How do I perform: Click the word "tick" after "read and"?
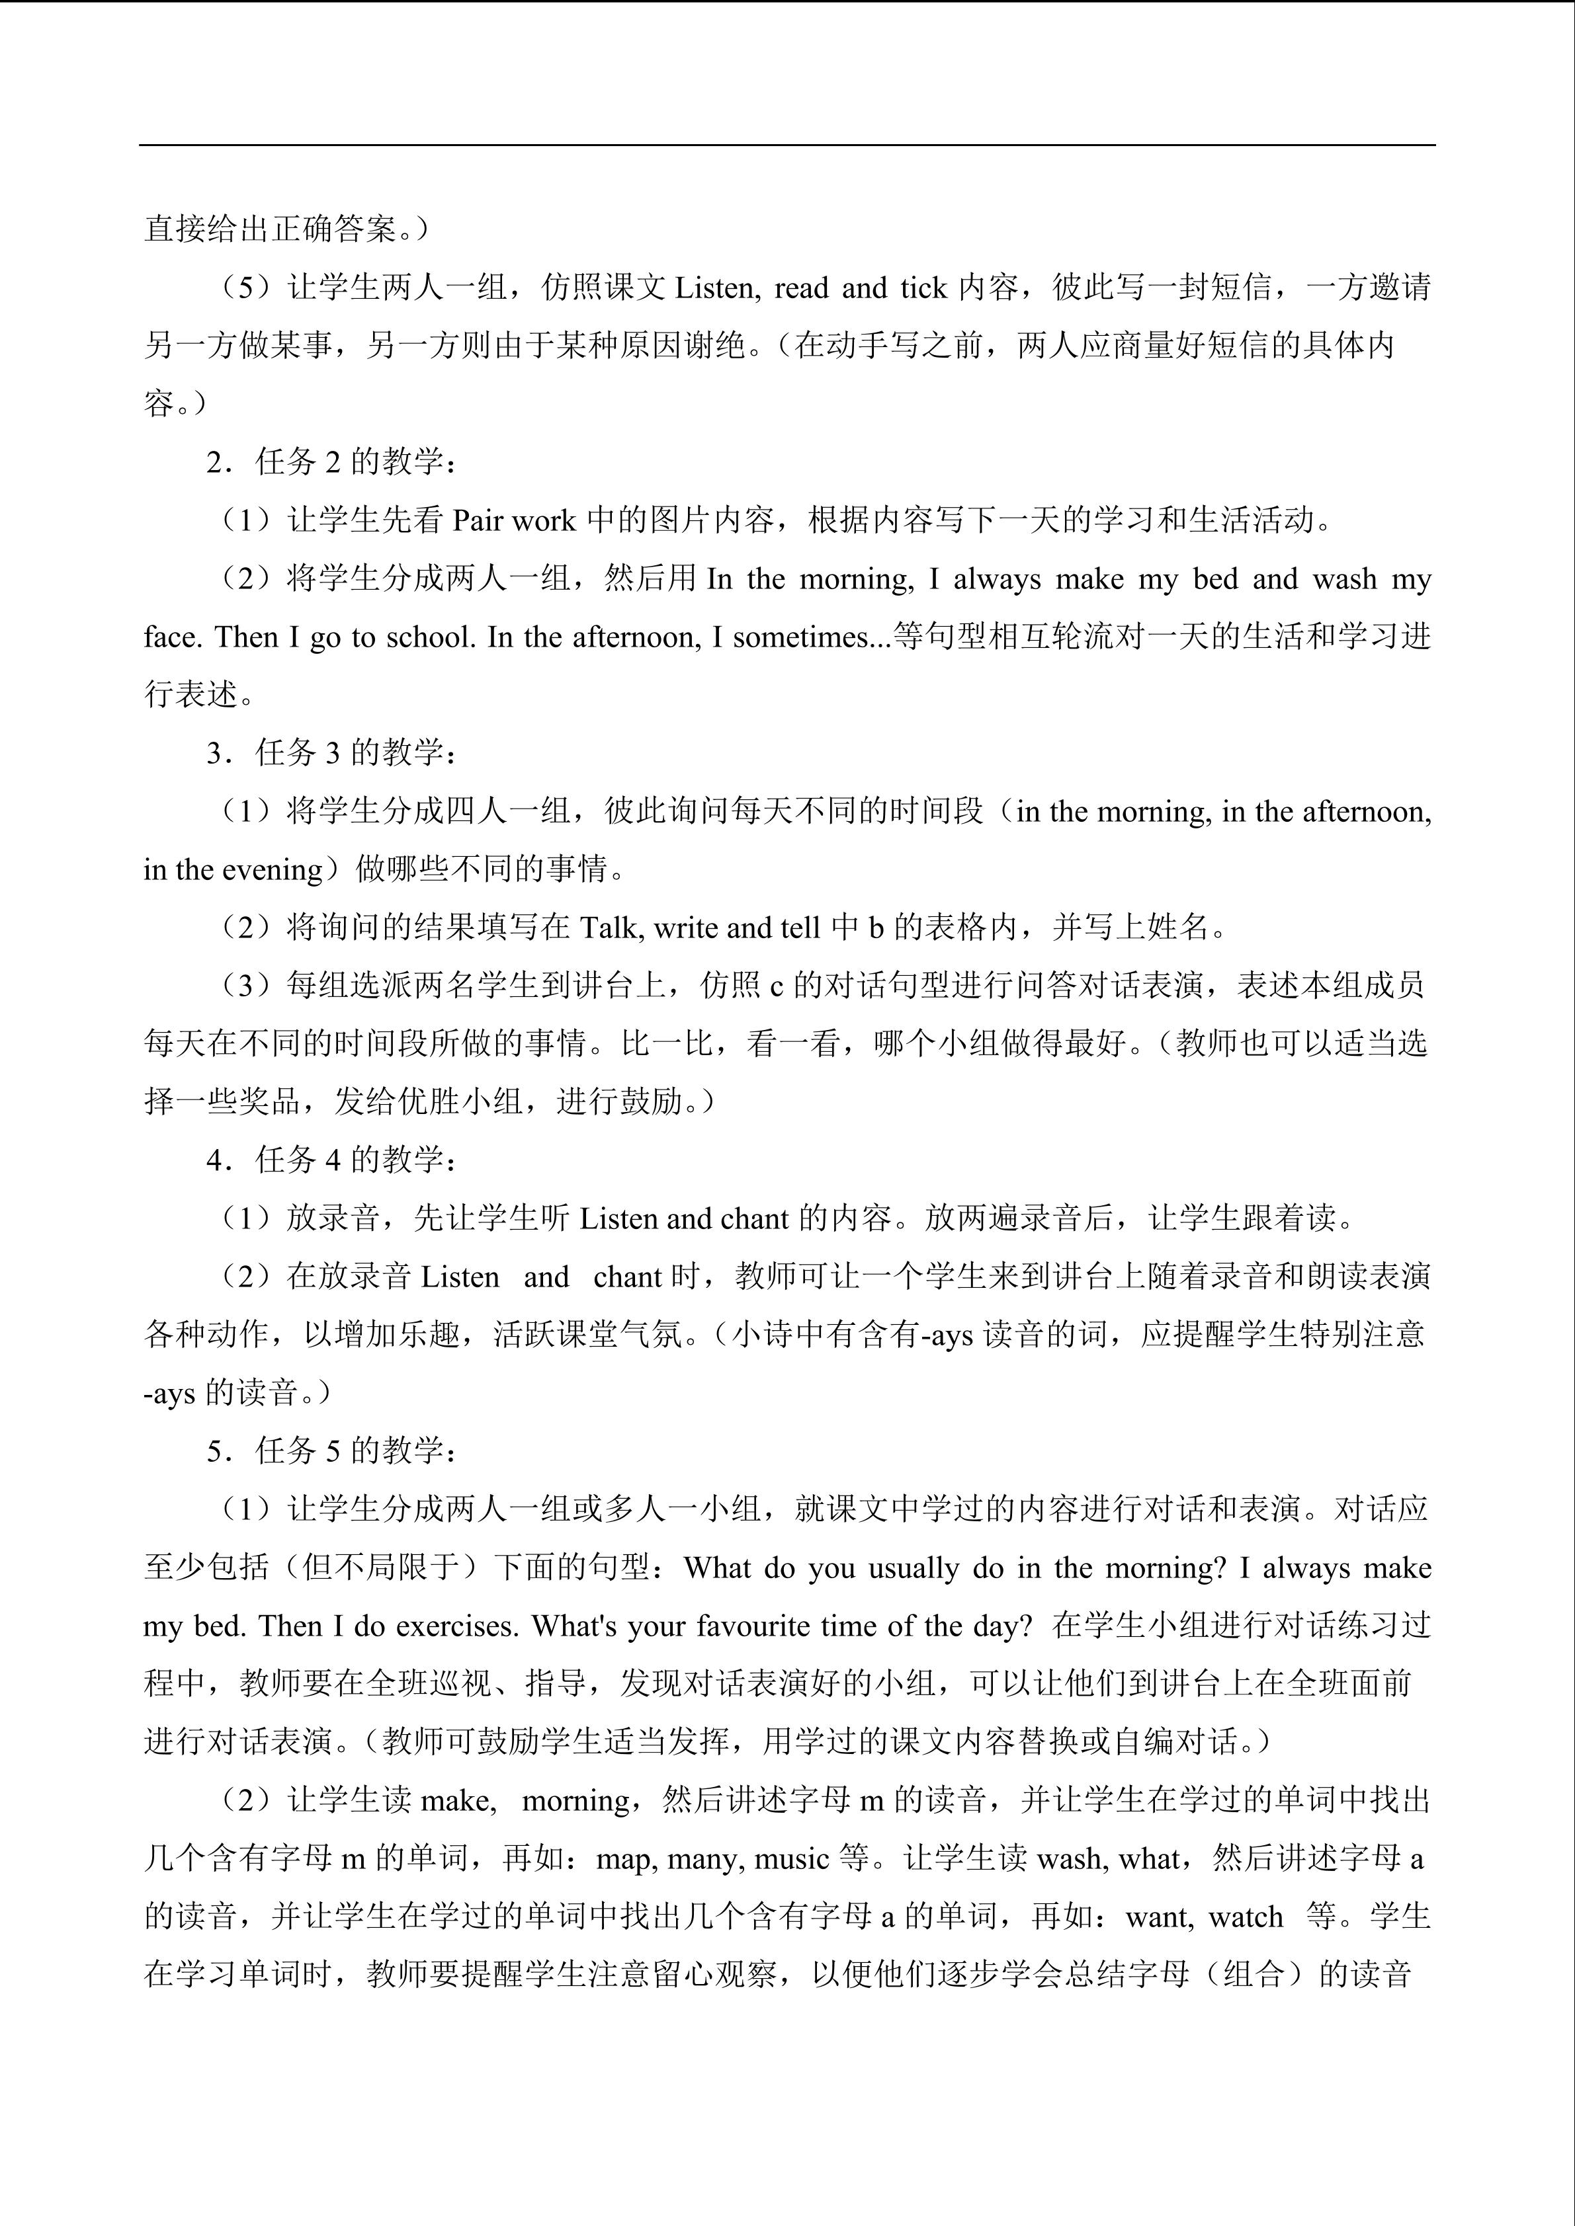coord(923,288)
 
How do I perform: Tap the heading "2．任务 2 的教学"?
coord(329,463)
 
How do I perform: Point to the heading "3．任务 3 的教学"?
coord(329,753)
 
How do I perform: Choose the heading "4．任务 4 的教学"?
coord(329,1160)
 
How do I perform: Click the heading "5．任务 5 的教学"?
coord(329,1451)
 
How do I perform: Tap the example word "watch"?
coord(1247,1917)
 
